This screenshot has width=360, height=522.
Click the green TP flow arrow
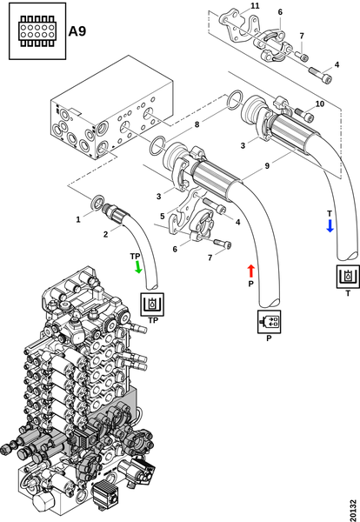click(138, 267)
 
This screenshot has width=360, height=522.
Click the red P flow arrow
click(251, 271)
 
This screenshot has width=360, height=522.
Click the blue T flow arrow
click(330, 225)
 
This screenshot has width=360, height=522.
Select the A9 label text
click(77, 31)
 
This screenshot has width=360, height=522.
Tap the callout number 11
click(255, 6)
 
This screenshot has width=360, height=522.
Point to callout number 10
click(320, 104)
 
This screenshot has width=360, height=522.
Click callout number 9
click(267, 165)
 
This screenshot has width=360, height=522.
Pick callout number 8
click(197, 124)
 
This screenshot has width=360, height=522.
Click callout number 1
click(78, 219)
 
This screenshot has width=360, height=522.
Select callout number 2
click(105, 234)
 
